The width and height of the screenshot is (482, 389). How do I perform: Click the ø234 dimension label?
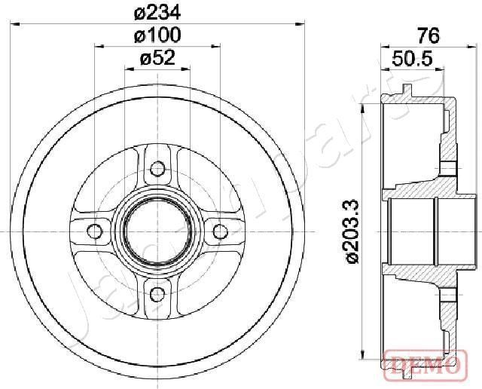pos(158,12)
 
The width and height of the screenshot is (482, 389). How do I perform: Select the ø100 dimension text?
pos(158,35)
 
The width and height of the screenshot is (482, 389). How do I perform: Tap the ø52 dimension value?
pos(158,57)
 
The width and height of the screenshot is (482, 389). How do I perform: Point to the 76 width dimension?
pos(427,35)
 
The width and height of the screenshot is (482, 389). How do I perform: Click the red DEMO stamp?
pos(421,365)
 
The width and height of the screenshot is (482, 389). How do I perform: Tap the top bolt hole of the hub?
pos(157,167)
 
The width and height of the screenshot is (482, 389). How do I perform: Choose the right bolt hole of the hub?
pos(221,231)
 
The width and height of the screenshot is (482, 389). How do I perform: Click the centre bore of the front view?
pos(157,231)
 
